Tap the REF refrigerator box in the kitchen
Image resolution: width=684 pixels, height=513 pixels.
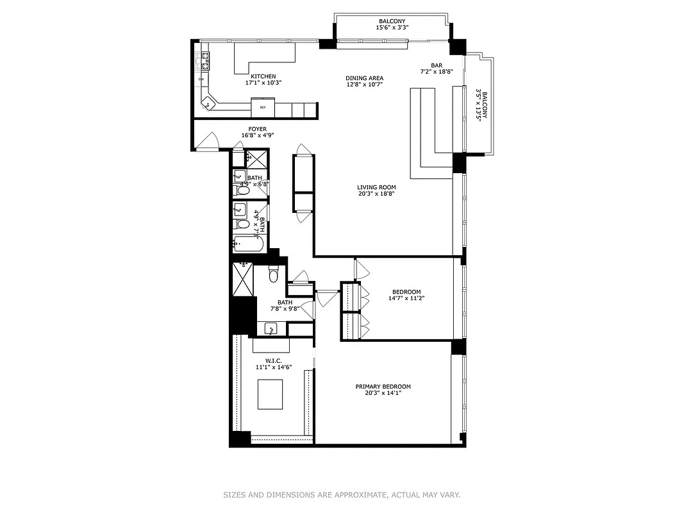click(x=263, y=107)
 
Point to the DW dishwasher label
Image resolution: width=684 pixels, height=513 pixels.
click(x=201, y=80)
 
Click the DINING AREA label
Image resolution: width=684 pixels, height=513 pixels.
click(x=365, y=78)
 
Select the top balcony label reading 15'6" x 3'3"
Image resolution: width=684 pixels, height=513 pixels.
click(x=392, y=28)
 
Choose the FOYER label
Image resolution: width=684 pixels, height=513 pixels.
click(x=253, y=129)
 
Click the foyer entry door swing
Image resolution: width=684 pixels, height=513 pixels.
click(x=207, y=142)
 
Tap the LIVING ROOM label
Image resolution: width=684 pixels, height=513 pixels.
click(x=376, y=187)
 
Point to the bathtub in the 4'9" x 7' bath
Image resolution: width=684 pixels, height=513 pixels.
click(x=247, y=243)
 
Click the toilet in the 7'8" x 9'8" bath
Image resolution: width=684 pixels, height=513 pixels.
click(x=273, y=276)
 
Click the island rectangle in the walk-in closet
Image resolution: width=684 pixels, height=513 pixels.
click(x=271, y=394)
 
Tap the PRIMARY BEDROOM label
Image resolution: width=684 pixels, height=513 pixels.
click(x=383, y=387)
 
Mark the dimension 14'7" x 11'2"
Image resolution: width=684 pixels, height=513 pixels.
click(x=406, y=298)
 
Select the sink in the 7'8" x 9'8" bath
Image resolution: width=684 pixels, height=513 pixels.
click(x=271, y=330)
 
